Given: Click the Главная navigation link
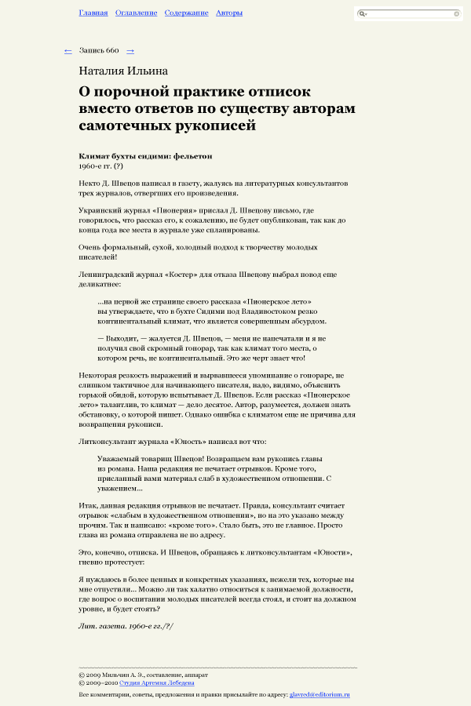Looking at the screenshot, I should pos(93,13).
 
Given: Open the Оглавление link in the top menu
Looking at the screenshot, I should pos(136,13).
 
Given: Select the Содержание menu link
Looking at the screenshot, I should pos(186,13).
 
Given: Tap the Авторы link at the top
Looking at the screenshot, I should pos(229,13).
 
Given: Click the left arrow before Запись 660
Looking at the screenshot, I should pos(68,51).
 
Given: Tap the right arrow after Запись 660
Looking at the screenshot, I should pos(130,51).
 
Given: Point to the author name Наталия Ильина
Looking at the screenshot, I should pos(123,71).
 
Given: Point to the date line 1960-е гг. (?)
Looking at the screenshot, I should pos(101,166).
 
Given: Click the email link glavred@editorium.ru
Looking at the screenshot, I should pos(319,695).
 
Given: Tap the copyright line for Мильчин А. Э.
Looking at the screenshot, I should pos(144,675).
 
